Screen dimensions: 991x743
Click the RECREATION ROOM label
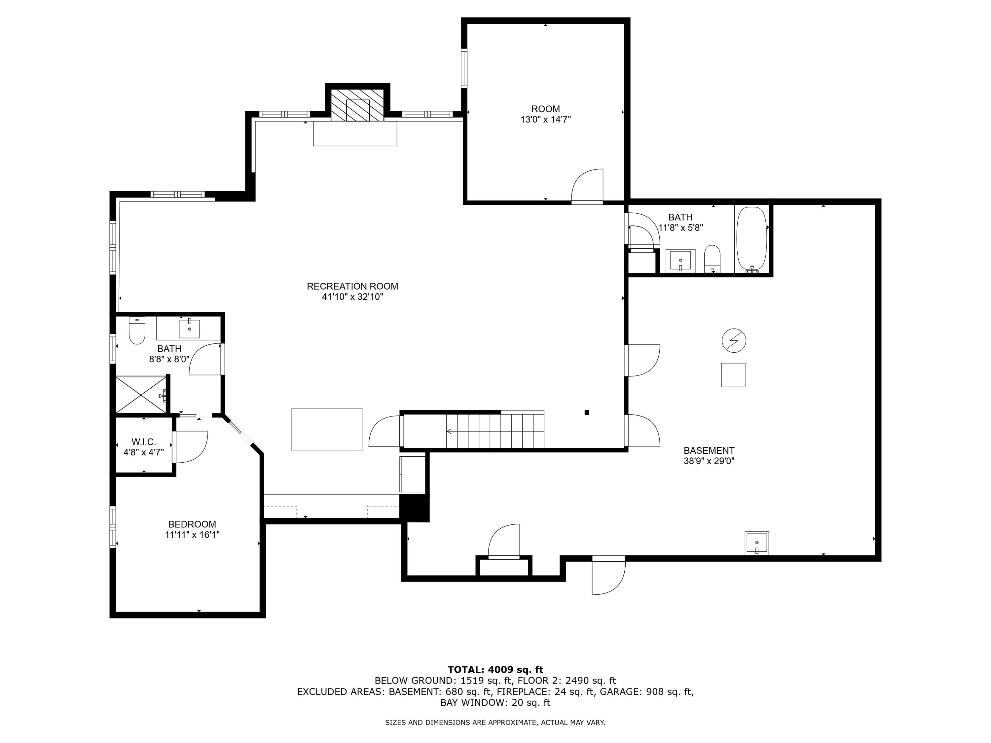352,286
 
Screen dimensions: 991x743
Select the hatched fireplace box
357,105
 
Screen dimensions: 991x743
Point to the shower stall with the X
141,394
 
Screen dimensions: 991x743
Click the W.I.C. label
143,442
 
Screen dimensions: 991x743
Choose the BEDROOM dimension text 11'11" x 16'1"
192,535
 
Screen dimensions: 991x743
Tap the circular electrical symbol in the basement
734,341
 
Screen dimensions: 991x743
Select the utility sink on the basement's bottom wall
757,543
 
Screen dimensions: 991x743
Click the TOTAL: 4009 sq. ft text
495,670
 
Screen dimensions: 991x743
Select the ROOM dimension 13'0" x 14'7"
545,120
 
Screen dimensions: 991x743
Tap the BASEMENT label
709,450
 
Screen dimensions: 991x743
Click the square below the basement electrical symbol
733,375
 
